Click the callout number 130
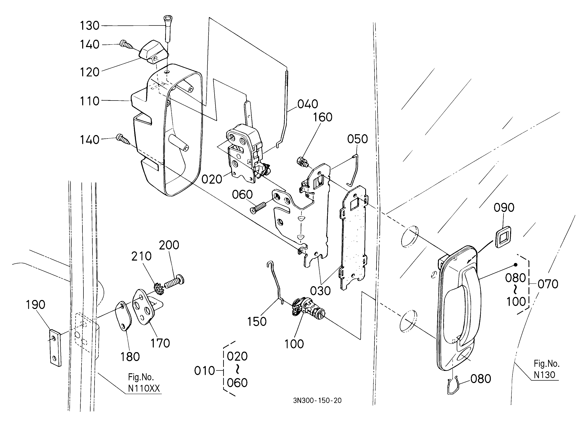[90, 26]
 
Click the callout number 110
[90, 101]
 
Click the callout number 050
[358, 139]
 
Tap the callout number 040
[308, 104]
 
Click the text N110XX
[144, 388]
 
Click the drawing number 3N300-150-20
[317, 401]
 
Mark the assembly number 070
[548, 284]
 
